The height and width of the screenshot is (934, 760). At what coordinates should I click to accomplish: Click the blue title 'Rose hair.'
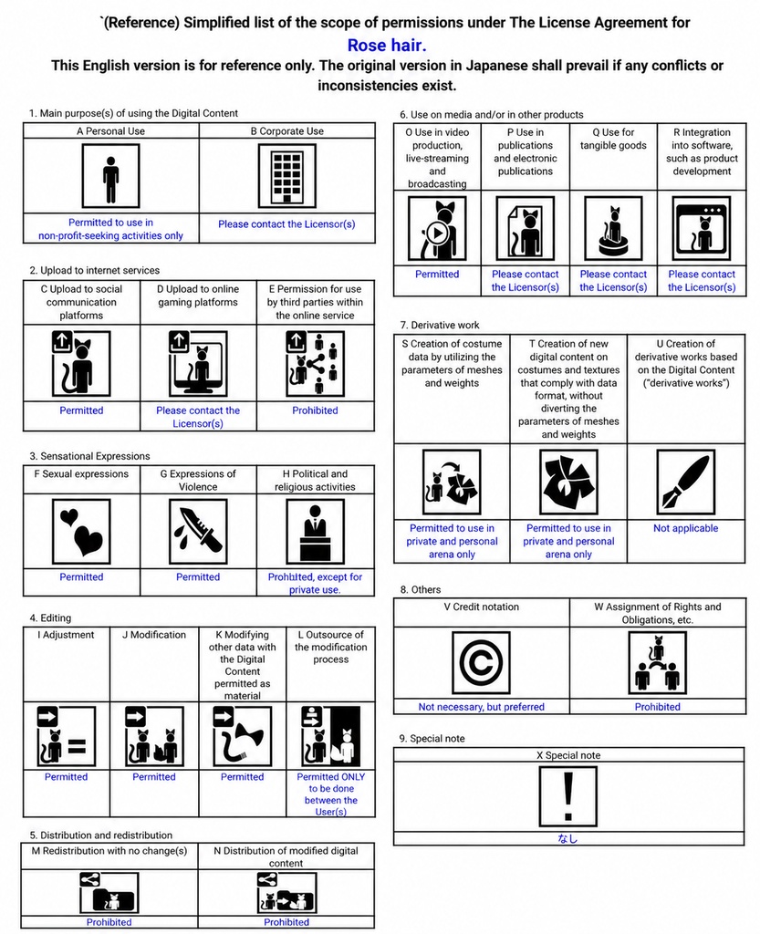[x=387, y=46]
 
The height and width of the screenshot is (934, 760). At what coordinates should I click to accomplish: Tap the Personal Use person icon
[x=110, y=176]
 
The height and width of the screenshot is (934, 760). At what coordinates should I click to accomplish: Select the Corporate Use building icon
[x=287, y=176]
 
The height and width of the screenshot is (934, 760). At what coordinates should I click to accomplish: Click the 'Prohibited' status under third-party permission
[x=315, y=410]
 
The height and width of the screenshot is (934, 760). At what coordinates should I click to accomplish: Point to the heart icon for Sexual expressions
[x=81, y=532]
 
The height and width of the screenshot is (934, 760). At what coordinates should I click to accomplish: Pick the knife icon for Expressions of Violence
[x=198, y=532]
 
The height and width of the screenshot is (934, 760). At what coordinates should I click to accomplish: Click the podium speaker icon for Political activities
[x=315, y=532]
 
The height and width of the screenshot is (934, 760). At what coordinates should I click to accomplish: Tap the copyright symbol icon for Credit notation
[x=481, y=663]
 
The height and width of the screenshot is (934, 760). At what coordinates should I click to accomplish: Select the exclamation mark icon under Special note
[x=568, y=796]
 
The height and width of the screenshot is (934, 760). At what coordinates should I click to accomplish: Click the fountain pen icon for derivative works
[x=686, y=482]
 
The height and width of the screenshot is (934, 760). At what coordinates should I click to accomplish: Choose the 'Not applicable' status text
[x=686, y=528]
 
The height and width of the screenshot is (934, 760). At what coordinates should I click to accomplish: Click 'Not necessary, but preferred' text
[x=481, y=707]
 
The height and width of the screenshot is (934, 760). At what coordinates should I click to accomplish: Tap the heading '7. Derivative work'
[x=440, y=326]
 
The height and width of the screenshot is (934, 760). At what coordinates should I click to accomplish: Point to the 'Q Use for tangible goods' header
[x=613, y=139]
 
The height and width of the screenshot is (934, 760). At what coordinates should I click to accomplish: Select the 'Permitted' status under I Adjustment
[x=66, y=777]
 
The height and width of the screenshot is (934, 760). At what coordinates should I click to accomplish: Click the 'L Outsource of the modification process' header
[x=331, y=647]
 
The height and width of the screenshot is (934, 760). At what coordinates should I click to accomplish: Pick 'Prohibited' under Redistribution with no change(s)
[x=109, y=922]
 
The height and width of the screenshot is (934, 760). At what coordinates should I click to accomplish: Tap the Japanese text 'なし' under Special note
[x=567, y=839]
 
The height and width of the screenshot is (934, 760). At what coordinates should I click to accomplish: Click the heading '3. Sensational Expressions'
[x=90, y=456]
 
